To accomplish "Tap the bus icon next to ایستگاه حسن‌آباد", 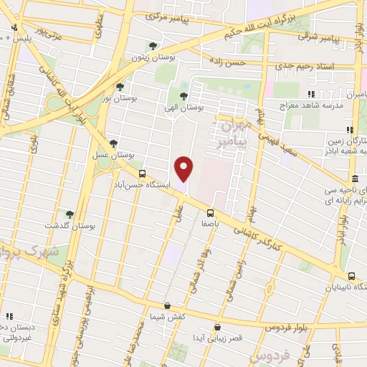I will coord(142,173).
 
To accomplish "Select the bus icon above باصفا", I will coord(210,212).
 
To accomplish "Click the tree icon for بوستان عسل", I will coord(113,144).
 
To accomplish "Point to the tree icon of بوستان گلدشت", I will coord(70,214).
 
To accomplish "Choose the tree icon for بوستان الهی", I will coord(184,95).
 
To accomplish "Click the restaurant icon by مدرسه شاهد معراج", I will coord(311,94).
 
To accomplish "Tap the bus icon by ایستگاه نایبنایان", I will coord(351,276).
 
